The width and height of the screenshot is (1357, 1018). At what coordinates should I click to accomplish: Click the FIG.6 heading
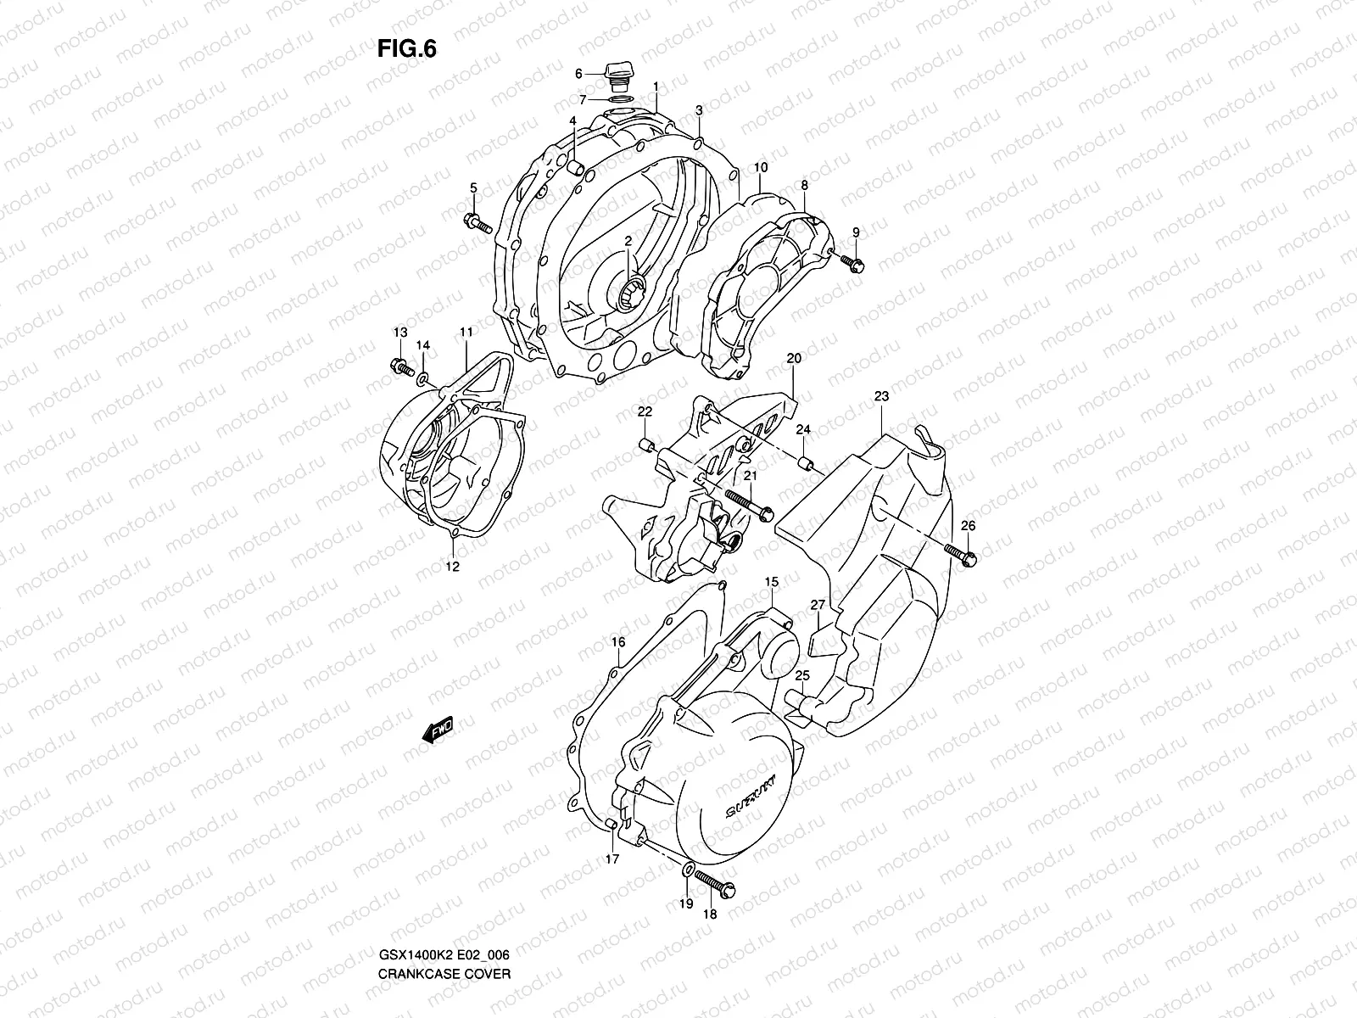(x=406, y=49)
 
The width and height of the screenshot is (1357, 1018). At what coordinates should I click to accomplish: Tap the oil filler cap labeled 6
(x=617, y=74)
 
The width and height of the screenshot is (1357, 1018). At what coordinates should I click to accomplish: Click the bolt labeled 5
(x=478, y=225)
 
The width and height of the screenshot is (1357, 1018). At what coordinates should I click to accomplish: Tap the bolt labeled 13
(x=400, y=367)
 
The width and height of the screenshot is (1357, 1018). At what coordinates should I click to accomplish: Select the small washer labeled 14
(x=423, y=374)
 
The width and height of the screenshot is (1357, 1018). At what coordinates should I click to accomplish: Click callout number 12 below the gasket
(x=452, y=567)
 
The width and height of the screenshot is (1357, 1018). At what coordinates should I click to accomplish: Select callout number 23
(x=881, y=396)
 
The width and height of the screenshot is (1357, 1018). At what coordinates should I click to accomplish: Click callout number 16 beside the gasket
(x=617, y=642)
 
